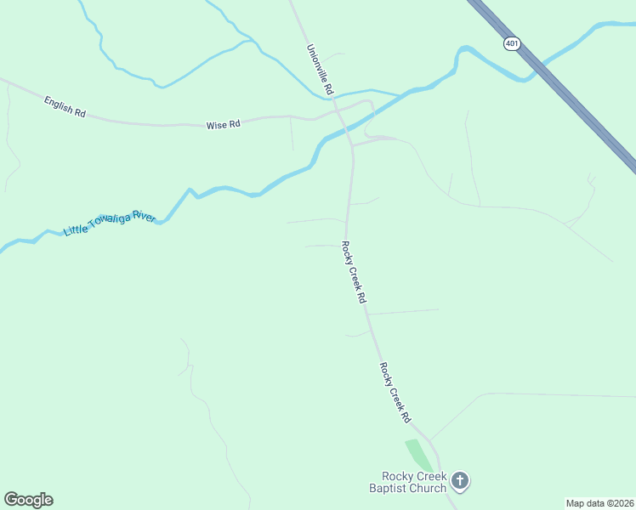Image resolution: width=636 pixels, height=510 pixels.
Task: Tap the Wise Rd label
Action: pyautogui.click(x=224, y=125)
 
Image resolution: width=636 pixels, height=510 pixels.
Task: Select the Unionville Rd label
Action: pyautogui.click(x=320, y=70)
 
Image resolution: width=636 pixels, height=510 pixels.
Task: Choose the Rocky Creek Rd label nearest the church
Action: pyautogui.click(x=395, y=393)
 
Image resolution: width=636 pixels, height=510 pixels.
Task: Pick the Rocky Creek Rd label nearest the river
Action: pyautogui.click(x=353, y=273)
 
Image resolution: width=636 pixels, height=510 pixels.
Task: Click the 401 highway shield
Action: pyautogui.click(x=511, y=43)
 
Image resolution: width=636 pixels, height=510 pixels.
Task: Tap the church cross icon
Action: pyautogui.click(x=460, y=482)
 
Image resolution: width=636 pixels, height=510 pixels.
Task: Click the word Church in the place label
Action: pyautogui.click(x=428, y=488)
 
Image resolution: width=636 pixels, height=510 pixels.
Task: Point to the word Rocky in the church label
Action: pyautogui.click(x=396, y=476)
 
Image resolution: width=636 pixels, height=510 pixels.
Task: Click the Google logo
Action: pyautogui.click(x=28, y=500)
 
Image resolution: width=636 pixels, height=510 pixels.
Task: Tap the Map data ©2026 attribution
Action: pyautogui.click(x=599, y=503)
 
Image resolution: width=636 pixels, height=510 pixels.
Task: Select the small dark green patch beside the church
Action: pyautogui.click(x=419, y=455)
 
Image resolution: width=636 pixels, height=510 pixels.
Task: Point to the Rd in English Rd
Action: pyautogui.click(x=81, y=112)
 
